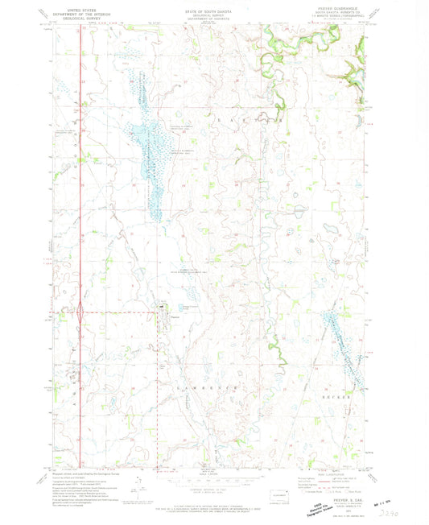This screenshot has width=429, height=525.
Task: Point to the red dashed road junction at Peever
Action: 158,312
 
